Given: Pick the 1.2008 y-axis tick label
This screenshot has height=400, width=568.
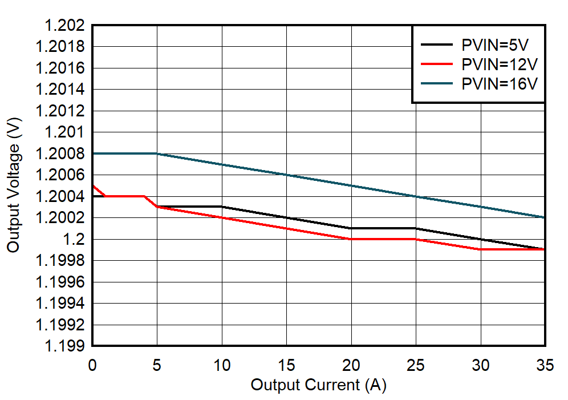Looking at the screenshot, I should (x=60, y=153).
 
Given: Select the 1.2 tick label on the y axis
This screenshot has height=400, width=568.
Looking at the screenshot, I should (x=76, y=239).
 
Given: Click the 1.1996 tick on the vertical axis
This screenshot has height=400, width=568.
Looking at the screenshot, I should (x=60, y=282).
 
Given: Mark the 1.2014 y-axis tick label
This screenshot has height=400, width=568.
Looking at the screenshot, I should (x=60, y=90).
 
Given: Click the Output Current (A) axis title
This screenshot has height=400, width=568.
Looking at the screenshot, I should (x=318, y=385).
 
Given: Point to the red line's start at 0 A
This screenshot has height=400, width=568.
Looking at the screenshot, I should (x=93, y=185).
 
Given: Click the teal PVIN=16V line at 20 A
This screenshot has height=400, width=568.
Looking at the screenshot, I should (x=351, y=185).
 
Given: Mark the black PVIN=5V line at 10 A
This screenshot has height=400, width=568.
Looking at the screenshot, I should (x=222, y=207).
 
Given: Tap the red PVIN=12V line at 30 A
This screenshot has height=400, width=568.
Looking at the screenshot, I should (x=481, y=249).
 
